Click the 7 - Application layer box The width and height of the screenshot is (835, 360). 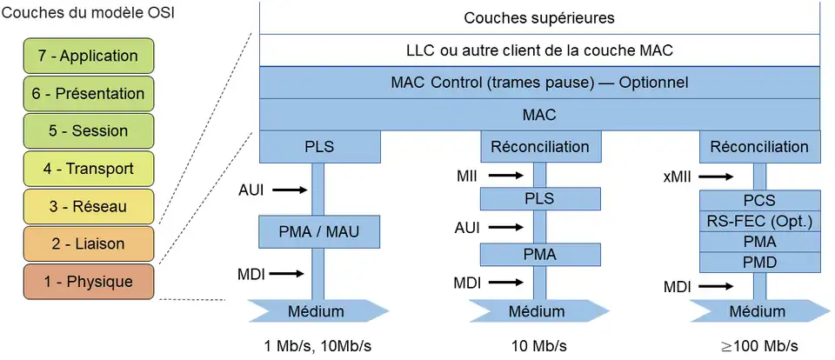pyautogui.click(x=88, y=56)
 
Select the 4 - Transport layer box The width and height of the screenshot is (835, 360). pyautogui.click(x=88, y=169)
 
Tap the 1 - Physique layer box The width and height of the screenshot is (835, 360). pyautogui.click(x=88, y=282)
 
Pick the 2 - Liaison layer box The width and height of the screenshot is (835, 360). pyautogui.click(x=88, y=244)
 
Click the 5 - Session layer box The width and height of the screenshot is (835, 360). pyautogui.click(x=88, y=131)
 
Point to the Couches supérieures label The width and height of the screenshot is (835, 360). pyautogui.click(x=538, y=17)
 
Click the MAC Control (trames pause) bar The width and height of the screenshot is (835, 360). pyautogui.click(x=539, y=83)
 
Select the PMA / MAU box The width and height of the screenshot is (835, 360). pyautogui.click(x=319, y=231)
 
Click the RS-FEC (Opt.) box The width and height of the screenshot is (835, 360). pyautogui.click(x=761, y=221)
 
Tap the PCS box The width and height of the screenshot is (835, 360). pyautogui.click(x=761, y=200)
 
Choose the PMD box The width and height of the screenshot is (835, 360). pyautogui.click(x=761, y=262)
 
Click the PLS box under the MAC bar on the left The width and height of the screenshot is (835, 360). pyautogui.click(x=319, y=146)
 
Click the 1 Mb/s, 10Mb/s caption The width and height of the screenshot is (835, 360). pyautogui.click(x=317, y=345)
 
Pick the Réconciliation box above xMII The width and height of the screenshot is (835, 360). pyautogui.click(x=759, y=146)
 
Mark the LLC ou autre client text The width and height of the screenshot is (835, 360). pyautogui.click(x=539, y=50)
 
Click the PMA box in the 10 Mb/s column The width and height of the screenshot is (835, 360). pyautogui.click(x=539, y=254)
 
